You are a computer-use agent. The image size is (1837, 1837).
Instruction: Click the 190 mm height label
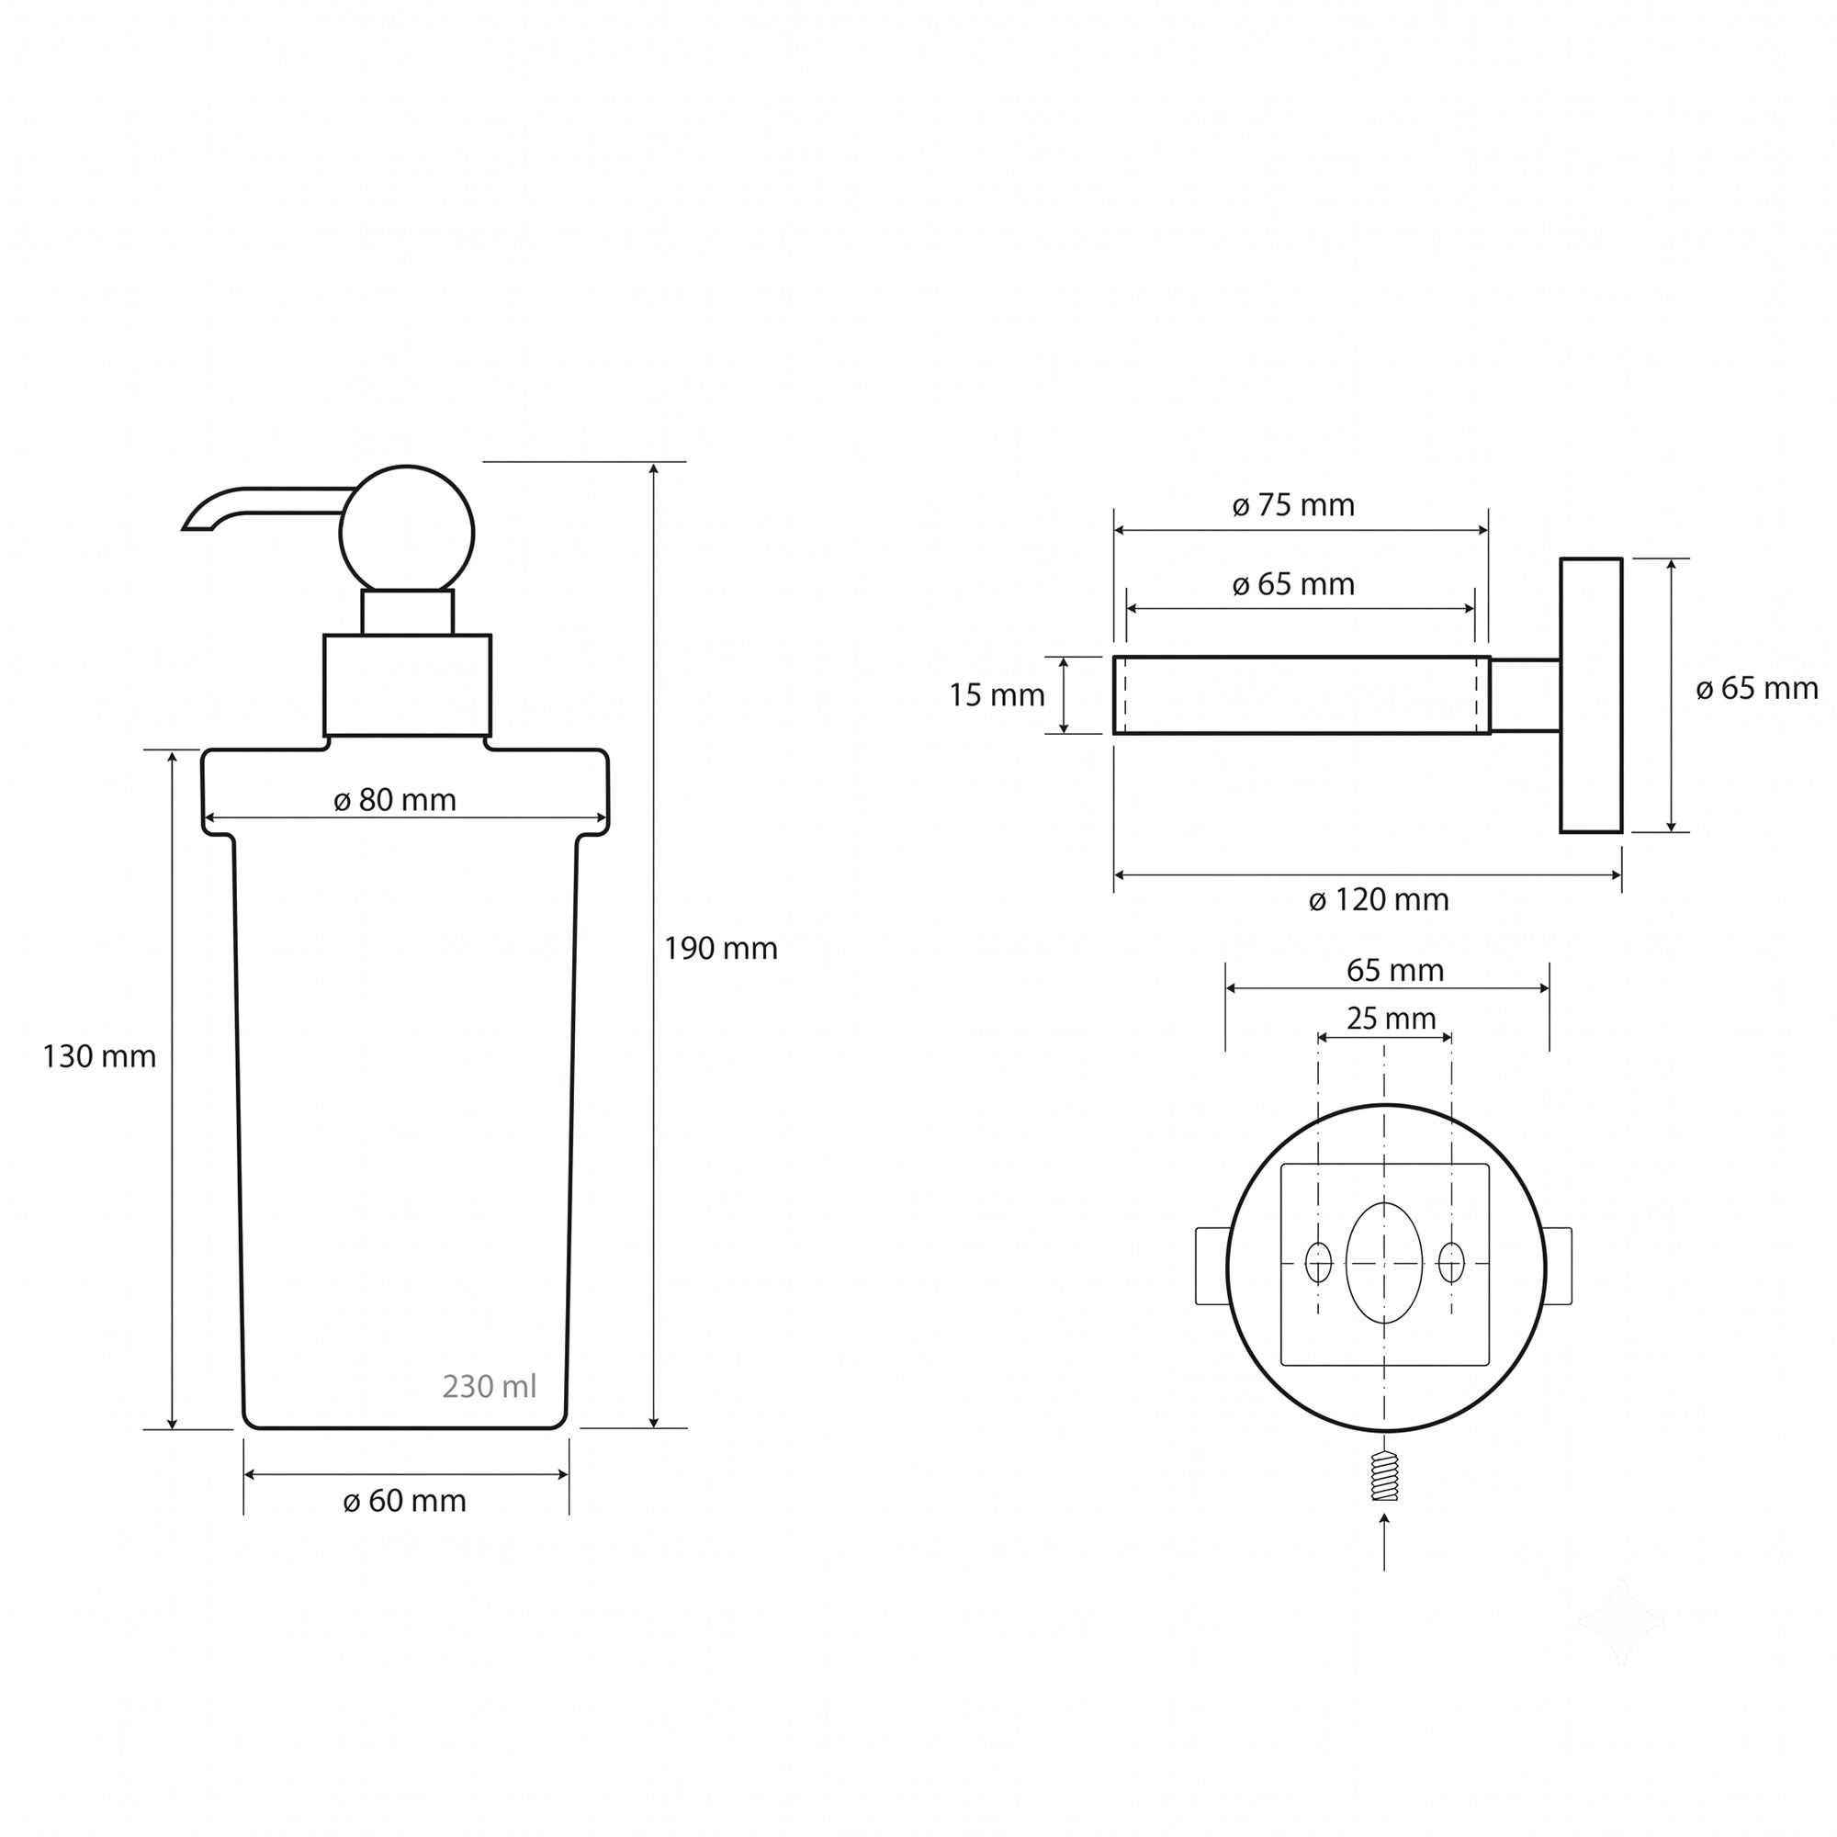[x=721, y=948]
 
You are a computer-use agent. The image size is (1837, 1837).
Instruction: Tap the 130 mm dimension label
[x=99, y=1056]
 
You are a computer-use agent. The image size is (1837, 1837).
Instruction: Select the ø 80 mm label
[x=395, y=800]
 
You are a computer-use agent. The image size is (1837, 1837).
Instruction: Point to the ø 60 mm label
[x=404, y=1501]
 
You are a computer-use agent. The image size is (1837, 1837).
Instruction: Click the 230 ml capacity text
[x=490, y=1386]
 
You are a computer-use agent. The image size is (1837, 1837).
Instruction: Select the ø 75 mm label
[x=1294, y=505]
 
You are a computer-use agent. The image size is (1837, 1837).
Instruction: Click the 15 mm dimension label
[x=997, y=696]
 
